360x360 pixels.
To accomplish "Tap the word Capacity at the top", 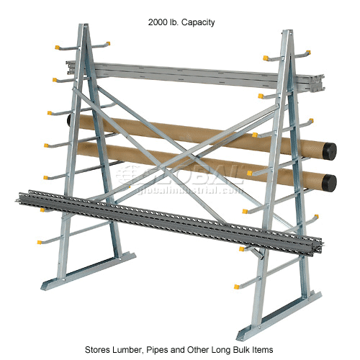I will tap(197, 22).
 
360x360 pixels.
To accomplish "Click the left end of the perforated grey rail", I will tap(22, 197).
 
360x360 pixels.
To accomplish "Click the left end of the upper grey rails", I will tap(70, 66).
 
